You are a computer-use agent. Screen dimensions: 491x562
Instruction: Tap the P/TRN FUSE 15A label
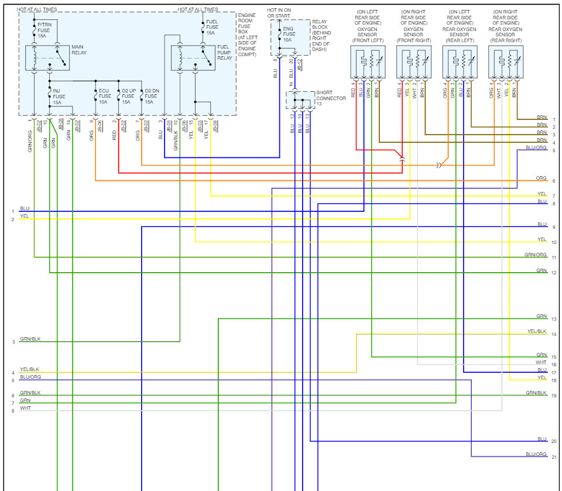[x=45, y=30]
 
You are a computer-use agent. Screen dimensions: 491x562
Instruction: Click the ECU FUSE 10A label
[x=104, y=97]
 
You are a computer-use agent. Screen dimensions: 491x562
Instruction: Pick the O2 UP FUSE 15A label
[x=128, y=97]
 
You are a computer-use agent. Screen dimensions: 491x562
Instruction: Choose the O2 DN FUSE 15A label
[x=152, y=97]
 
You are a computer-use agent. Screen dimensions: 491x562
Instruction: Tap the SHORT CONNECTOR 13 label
[x=331, y=98]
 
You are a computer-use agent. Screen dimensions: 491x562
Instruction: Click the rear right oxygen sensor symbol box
[x=505, y=62]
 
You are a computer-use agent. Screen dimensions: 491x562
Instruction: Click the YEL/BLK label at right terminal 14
[x=537, y=332]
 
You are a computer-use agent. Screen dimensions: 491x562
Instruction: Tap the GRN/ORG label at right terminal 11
[x=536, y=255]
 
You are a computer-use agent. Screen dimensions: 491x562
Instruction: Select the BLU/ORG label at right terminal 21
[x=536, y=454]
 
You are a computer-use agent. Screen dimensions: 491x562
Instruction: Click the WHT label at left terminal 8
[x=25, y=408]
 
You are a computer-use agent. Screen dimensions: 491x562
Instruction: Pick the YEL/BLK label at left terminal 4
[x=29, y=370]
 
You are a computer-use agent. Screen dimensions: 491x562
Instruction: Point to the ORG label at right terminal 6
[x=541, y=178]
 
